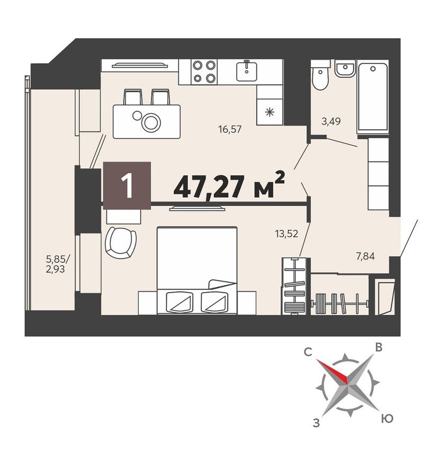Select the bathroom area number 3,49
(x=331, y=121)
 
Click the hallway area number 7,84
(x=366, y=257)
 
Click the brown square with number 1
(x=127, y=185)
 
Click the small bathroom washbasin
(x=345, y=69)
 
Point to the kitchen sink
(x=246, y=70)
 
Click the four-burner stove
(x=204, y=71)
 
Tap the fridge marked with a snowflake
(x=270, y=111)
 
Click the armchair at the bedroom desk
(x=120, y=242)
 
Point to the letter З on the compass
(x=316, y=423)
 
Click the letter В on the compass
(x=379, y=347)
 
